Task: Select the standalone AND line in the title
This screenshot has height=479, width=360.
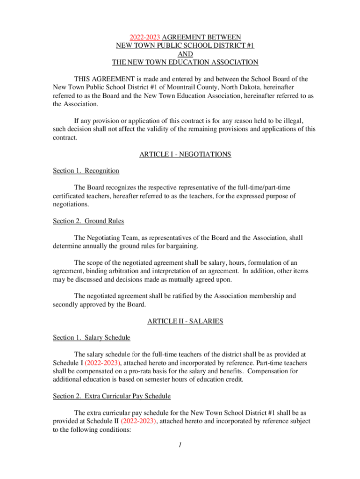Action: tap(185, 54)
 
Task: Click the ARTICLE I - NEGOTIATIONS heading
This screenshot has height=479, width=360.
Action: tap(185, 154)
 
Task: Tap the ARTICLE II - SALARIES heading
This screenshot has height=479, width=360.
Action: tap(185, 321)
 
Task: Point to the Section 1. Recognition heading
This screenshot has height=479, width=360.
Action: tap(86, 171)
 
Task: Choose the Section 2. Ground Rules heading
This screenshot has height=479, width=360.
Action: tap(88, 221)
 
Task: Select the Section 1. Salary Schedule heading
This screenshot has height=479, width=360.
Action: tap(91, 338)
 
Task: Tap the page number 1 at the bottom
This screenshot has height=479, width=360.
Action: tap(180, 445)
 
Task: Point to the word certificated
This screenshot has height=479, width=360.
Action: tap(73, 196)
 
